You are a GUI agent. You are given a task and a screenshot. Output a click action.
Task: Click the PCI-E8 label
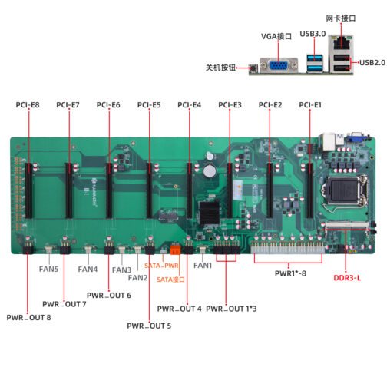click(28, 105)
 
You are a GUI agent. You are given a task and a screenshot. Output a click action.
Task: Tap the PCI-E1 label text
click(310, 105)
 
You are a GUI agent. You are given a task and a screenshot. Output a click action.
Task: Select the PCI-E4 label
click(190, 105)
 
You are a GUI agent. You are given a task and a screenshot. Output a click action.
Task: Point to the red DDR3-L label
click(347, 278)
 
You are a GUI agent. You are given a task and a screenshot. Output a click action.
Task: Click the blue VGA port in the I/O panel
click(279, 66)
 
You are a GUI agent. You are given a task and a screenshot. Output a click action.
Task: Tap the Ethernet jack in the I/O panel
click(341, 42)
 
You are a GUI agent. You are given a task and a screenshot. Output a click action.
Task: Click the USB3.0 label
click(313, 34)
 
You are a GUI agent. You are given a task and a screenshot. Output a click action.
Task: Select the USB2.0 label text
click(372, 62)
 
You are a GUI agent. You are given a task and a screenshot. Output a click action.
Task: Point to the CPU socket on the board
click(343, 190)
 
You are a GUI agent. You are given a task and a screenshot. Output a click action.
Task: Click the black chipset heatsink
click(210, 213)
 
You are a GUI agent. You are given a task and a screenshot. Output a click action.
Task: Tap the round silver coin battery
click(210, 171)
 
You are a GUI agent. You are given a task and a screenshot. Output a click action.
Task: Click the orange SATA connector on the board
click(175, 250)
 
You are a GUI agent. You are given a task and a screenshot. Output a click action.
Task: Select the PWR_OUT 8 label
click(28, 318)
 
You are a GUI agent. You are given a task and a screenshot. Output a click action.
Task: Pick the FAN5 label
click(48, 269)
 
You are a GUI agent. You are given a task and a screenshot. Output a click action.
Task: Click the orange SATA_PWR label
click(161, 266)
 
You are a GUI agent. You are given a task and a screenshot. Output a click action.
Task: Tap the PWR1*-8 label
click(290, 273)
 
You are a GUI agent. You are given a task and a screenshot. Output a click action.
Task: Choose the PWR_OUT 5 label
click(149, 326)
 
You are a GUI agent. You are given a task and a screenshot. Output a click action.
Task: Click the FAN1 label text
click(203, 266)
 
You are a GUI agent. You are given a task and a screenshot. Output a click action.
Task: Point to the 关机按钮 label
click(220, 68)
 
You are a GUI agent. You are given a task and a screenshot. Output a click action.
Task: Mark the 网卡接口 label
click(341, 18)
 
